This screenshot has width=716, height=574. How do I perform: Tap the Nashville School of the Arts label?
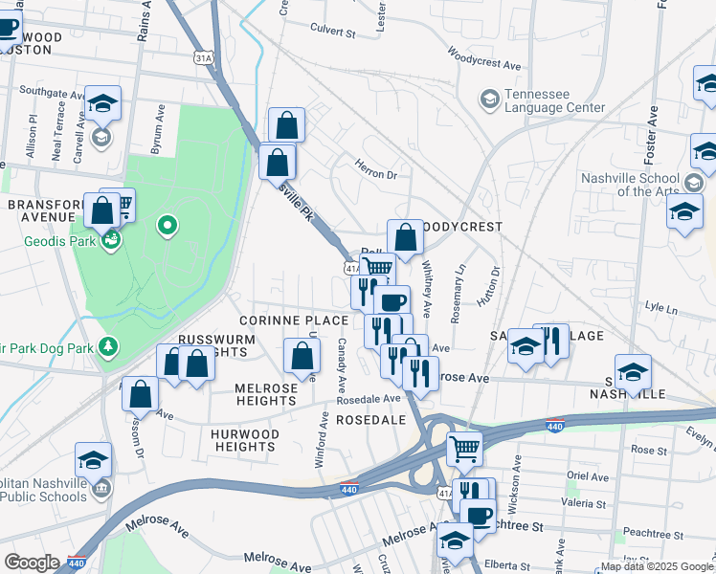(629, 185)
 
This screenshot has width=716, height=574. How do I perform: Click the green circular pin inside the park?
(168, 226)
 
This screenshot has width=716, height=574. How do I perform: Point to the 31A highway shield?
(202, 58)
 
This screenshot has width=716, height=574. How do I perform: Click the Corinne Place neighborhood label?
(280, 320)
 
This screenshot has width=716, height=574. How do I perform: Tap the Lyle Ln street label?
(660, 308)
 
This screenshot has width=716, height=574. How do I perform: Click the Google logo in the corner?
(32, 563)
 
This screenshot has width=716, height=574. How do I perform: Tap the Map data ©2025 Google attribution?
(657, 566)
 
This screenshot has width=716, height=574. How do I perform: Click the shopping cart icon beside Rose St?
(464, 446)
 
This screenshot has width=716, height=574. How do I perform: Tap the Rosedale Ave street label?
(369, 398)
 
